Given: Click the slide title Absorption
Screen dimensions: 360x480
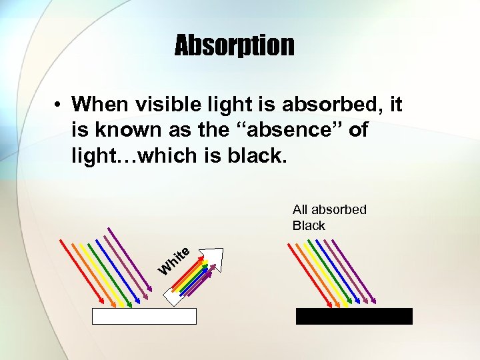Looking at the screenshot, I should tap(234, 46).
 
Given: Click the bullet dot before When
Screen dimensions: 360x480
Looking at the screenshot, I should tap(59, 105).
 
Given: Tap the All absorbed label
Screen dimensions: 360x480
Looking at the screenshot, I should tap(329, 209).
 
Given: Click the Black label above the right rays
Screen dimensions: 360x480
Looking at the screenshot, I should tap(309, 225).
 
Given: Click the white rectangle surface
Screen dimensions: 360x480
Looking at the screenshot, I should tap(144, 316).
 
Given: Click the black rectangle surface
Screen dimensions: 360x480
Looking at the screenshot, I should tap(354, 316).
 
